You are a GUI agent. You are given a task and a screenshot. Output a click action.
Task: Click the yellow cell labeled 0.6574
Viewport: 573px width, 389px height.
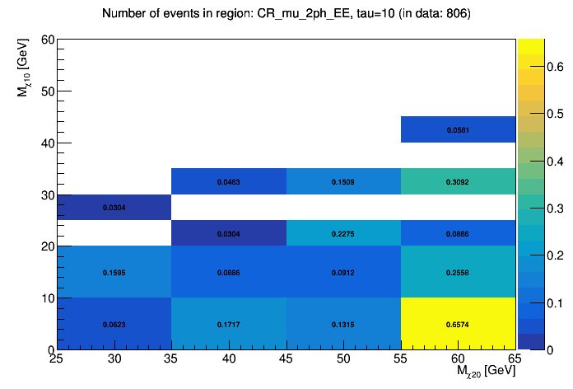point(458,324)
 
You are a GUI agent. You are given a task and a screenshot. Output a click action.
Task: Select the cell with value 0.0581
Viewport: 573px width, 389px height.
point(458,129)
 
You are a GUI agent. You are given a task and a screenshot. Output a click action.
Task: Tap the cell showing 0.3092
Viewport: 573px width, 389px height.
point(458,181)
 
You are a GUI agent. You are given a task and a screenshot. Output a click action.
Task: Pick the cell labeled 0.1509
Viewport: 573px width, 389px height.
point(343,181)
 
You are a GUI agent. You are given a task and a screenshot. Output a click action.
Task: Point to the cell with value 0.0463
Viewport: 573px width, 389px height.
point(228,181)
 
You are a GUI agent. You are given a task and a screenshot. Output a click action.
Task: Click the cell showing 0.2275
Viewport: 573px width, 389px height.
point(343,233)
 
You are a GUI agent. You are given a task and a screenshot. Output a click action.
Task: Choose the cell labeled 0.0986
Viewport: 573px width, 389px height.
point(458,233)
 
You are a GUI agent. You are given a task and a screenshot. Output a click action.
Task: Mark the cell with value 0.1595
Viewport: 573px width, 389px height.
point(114,272)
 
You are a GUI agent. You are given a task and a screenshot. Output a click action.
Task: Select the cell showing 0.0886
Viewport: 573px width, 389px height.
point(228,272)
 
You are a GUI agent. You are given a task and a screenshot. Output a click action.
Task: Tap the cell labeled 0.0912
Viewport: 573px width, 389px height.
point(343,272)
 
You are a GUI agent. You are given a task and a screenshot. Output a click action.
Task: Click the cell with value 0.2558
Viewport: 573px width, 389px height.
point(458,272)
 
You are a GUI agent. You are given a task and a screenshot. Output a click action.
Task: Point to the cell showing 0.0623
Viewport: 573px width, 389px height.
point(114,324)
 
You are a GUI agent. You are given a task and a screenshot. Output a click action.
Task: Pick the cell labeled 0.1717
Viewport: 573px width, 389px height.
point(228,324)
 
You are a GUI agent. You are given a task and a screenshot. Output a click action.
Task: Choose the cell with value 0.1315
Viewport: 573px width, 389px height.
point(343,324)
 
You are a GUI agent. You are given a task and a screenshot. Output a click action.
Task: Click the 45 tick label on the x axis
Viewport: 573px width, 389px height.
point(286,360)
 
